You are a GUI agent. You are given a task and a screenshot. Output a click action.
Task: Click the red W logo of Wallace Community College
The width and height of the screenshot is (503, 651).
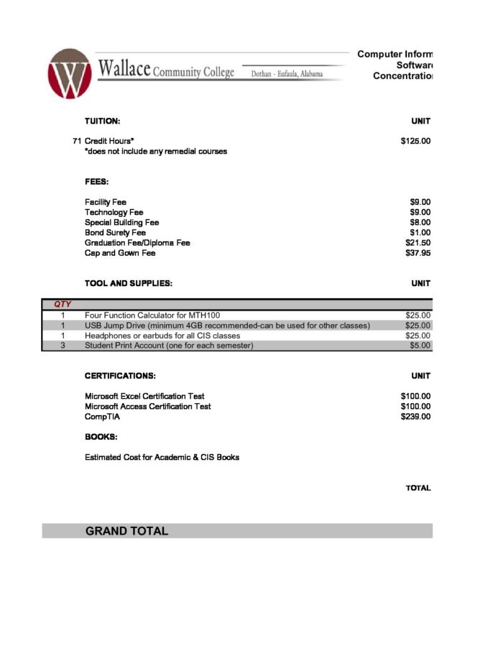[70, 74]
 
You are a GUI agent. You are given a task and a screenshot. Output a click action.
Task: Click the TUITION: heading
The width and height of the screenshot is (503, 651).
[102, 121]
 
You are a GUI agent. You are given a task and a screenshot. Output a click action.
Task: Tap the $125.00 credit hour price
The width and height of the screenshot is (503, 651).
[415, 141]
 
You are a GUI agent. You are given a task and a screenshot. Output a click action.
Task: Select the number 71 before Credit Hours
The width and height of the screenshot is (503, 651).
[77, 141]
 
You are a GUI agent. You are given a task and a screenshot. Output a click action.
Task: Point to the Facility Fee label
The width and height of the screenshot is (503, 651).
[105, 202]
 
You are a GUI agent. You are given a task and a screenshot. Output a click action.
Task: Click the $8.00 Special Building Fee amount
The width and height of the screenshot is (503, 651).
[420, 223]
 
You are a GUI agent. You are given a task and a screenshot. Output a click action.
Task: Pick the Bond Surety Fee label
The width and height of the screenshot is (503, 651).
[115, 233]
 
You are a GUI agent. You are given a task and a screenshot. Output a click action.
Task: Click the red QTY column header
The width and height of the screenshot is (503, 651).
[63, 305]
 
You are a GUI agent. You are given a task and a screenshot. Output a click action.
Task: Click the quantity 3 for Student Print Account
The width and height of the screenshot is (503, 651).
[63, 346]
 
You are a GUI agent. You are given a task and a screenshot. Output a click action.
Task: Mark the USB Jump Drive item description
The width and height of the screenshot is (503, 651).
[227, 325]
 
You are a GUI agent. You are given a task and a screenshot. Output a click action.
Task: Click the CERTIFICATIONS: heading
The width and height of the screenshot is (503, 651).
[120, 376]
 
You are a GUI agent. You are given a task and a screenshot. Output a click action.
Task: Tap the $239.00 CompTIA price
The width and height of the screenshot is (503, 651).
[415, 416]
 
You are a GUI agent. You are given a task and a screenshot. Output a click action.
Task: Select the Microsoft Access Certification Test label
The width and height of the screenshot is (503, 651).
[148, 406]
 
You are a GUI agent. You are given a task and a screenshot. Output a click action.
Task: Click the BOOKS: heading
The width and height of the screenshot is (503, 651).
[101, 436]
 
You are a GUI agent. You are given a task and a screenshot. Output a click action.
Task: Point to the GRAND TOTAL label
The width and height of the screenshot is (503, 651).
[126, 531]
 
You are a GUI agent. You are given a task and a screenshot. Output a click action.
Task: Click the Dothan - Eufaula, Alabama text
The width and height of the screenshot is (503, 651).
[287, 73]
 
